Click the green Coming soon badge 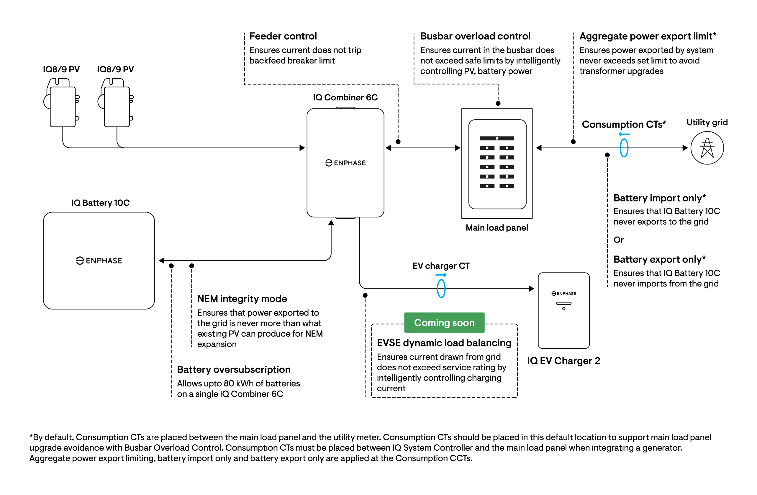444,323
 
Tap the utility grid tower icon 707,148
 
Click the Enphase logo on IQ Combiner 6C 345,163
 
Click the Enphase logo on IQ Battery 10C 99,260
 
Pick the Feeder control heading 283,36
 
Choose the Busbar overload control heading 475,36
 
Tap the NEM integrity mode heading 242,299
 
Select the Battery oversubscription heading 234,369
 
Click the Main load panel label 497,228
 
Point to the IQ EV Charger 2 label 563,361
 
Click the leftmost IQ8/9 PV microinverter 61,103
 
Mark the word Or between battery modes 619,240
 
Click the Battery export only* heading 660,259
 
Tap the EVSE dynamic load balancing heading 444,343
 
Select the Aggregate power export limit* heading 648,36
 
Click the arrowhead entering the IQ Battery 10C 161,260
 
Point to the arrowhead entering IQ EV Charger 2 532,289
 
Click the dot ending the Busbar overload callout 498,103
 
